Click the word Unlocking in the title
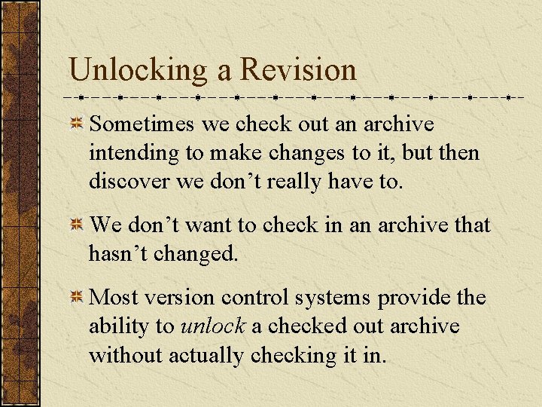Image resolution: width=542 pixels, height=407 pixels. [137, 70]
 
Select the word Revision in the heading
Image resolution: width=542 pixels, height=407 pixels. [298, 70]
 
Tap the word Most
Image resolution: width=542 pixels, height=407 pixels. [112, 298]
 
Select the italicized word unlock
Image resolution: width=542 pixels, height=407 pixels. [213, 326]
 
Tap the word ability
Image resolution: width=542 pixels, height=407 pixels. [120, 327]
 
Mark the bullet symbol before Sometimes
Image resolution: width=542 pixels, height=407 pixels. [77, 124]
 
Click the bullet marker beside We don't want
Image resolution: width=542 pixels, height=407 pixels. [77, 225]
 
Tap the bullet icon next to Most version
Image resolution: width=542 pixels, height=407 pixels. [77, 298]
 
